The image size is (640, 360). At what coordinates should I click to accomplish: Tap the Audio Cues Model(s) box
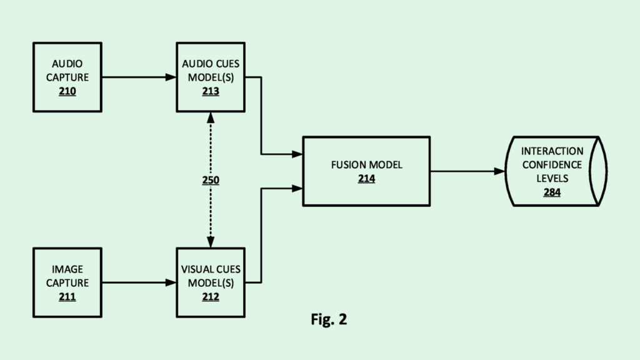pos(211,77)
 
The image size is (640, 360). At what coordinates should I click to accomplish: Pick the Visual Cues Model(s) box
pos(211,282)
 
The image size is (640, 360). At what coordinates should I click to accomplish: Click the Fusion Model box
pos(366,171)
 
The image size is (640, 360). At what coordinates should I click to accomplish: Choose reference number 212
pos(211,297)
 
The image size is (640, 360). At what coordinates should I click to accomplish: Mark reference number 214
pos(366,179)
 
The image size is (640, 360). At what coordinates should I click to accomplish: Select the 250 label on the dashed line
pos(211,180)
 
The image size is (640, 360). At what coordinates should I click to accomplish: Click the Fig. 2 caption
pos(329,319)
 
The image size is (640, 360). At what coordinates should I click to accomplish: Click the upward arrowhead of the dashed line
pos(211,117)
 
